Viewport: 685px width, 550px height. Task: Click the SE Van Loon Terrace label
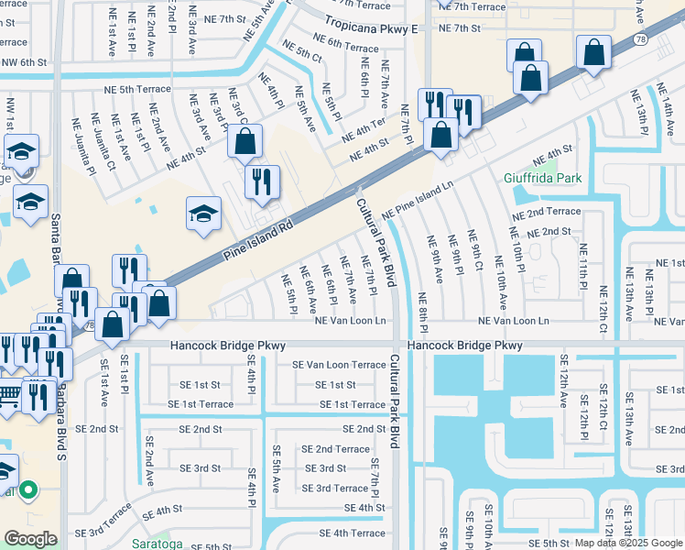tap(339, 365)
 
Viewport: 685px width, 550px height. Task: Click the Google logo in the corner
tap(30, 539)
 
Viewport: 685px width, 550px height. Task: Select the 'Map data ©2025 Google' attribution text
tap(628, 544)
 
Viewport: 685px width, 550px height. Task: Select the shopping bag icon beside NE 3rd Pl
tap(245, 141)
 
